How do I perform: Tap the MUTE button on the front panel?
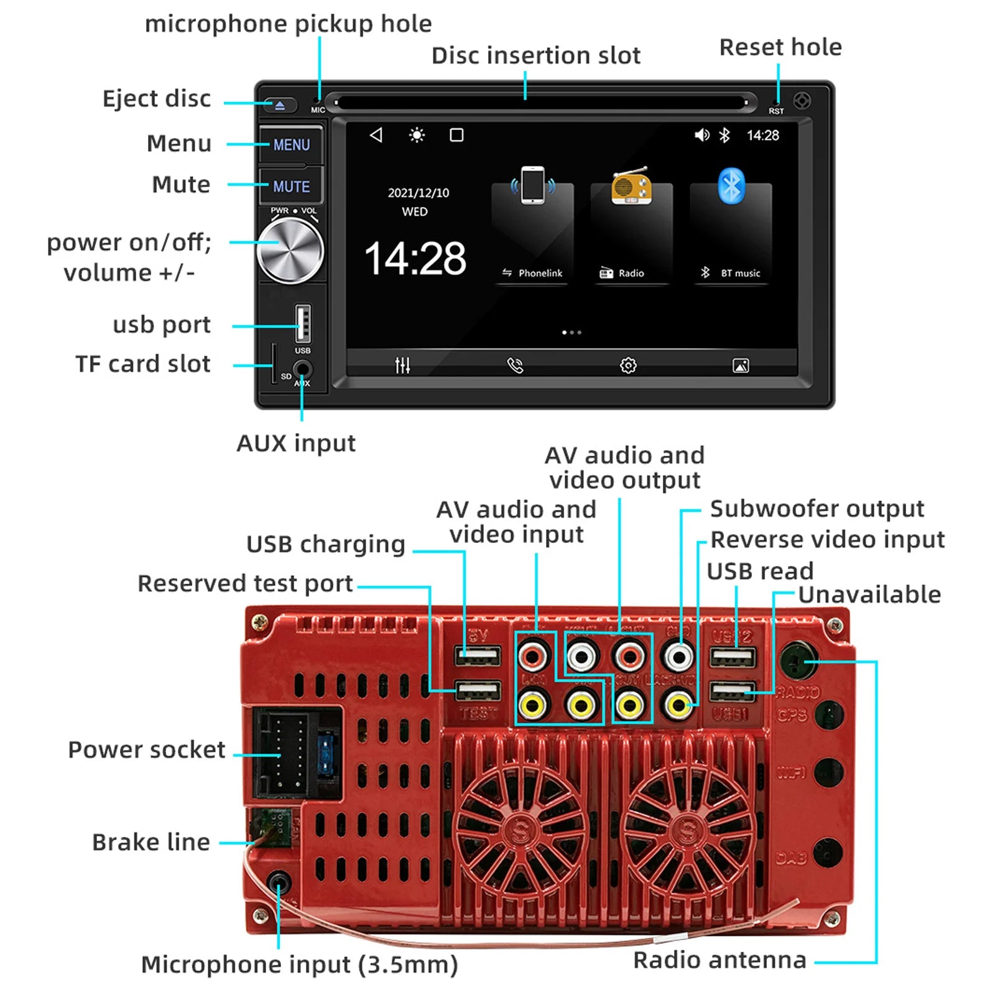pos(291,186)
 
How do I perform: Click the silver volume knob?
pos(290,251)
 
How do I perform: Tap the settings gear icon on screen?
pos(628,366)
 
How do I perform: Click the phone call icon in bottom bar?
pos(515,366)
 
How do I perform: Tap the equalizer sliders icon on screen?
pos(402,366)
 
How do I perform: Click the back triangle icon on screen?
pos(376,135)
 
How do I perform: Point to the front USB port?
pos(303,323)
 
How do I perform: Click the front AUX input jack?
pos(303,369)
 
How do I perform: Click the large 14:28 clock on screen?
pos(415,259)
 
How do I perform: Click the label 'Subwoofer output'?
pos(817,509)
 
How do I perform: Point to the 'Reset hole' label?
pos(780,47)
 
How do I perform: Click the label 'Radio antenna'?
pos(720,960)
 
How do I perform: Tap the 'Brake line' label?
pos(151,842)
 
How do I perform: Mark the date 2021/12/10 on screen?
pos(418,193)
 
